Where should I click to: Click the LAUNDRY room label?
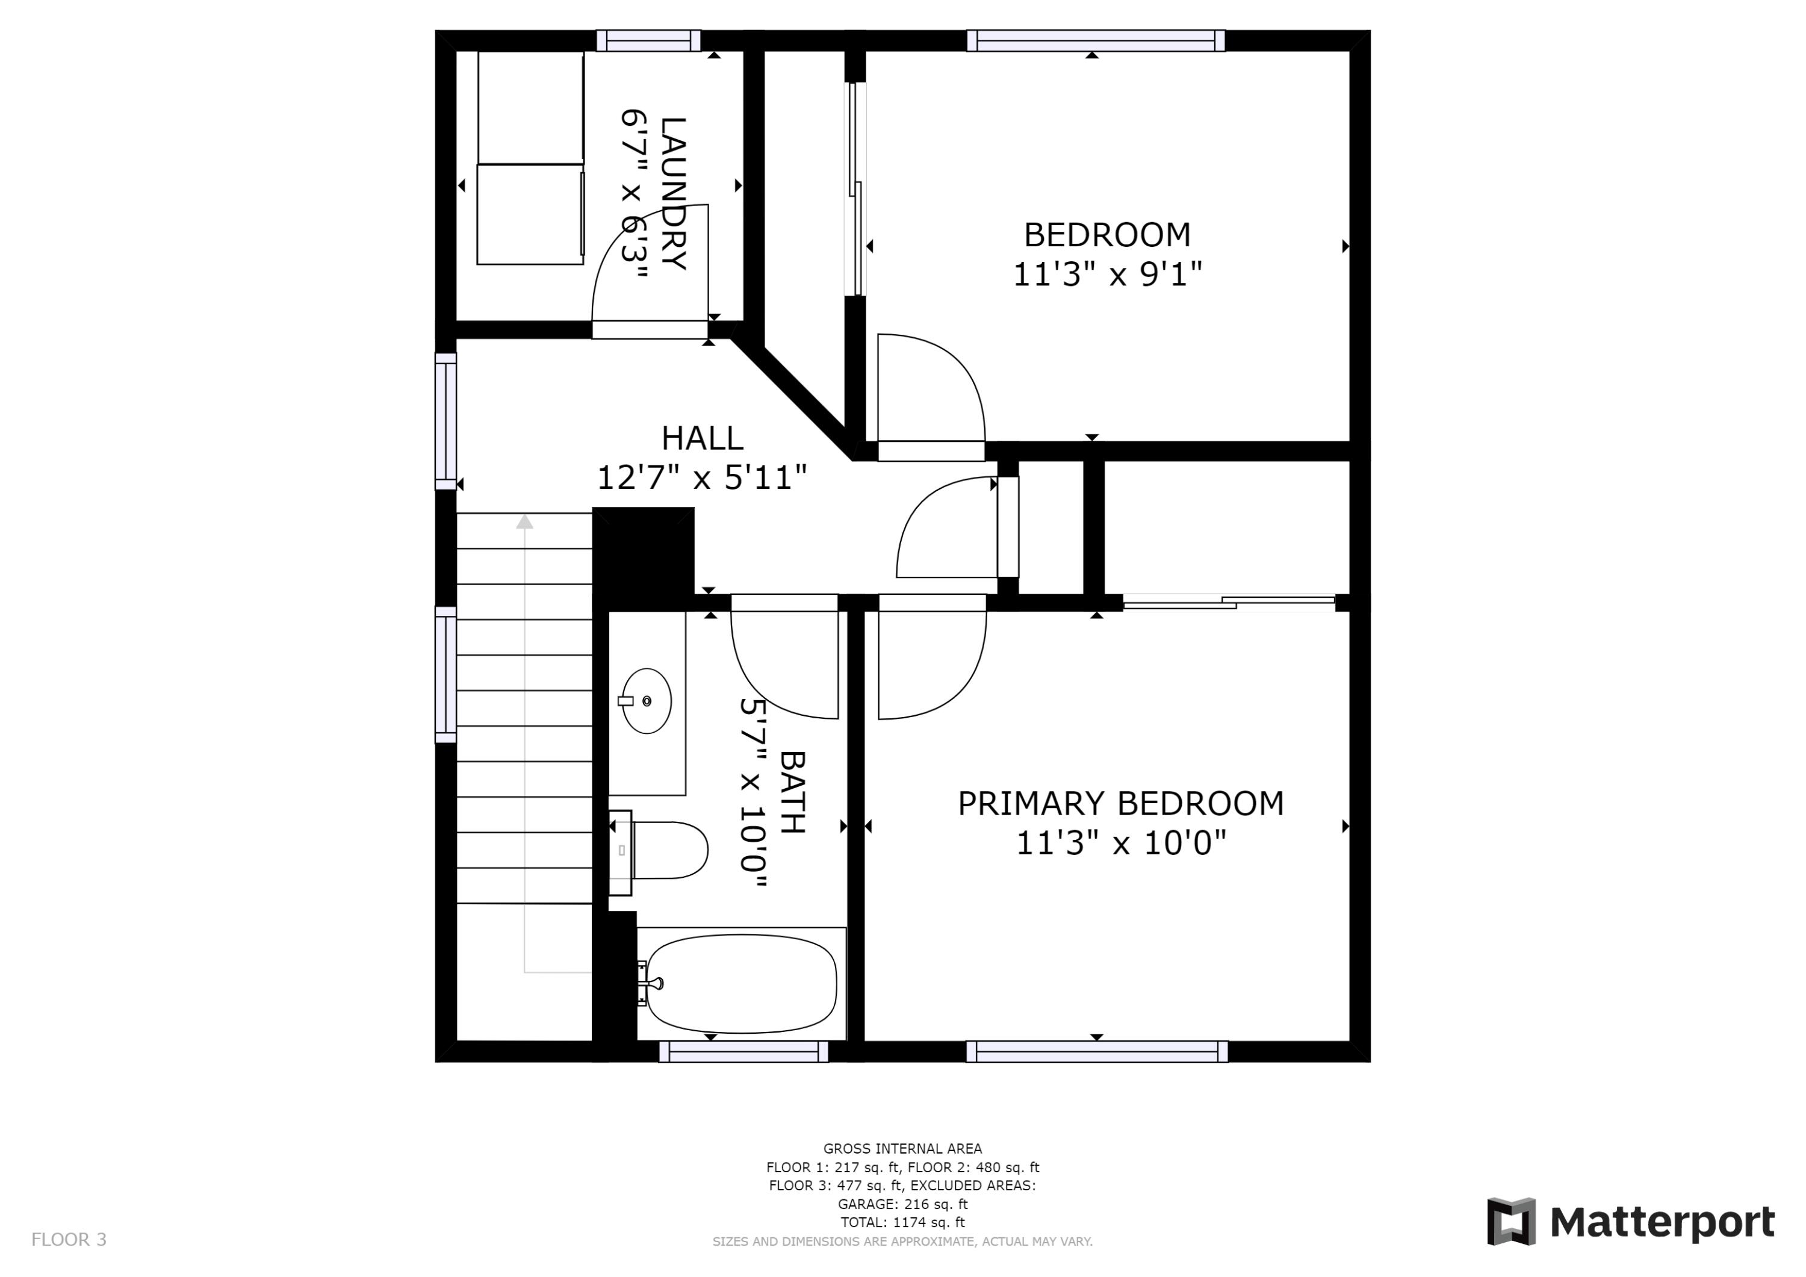click(674, 193)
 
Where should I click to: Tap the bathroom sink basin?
click(647, 701)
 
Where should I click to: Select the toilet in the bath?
click(669, 851)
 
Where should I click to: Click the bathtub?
click(741, 984)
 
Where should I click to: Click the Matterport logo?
click(1631, 1222)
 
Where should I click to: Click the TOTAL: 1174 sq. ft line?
click(902, 1223)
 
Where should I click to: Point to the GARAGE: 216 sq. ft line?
click(902, 1204)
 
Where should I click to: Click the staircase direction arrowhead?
click(525, 521)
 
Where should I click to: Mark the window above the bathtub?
click(743, 1052)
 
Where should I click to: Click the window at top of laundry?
click(648, 40)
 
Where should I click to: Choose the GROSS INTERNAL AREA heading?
click(902, 1149)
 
